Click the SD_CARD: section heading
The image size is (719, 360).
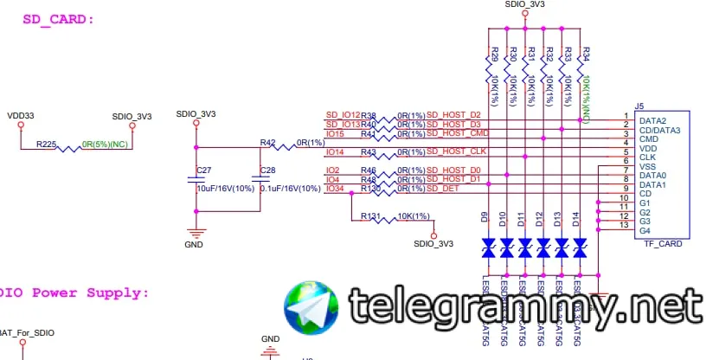(58, 18)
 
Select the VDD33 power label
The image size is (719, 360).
(21, 115)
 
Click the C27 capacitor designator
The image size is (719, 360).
(204, 170)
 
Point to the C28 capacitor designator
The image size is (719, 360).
(267, 170)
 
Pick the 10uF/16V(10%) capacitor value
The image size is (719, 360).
(227, 189)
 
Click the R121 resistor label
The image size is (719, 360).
(370, 215)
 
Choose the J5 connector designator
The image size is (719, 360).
(639, 106)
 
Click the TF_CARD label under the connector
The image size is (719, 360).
(664, 244)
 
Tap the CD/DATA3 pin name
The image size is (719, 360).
(659, 130)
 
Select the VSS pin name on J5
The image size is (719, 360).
(648, 166)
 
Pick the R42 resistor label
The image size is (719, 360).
(267, 142)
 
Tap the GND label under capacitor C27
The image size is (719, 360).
(194, 245)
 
